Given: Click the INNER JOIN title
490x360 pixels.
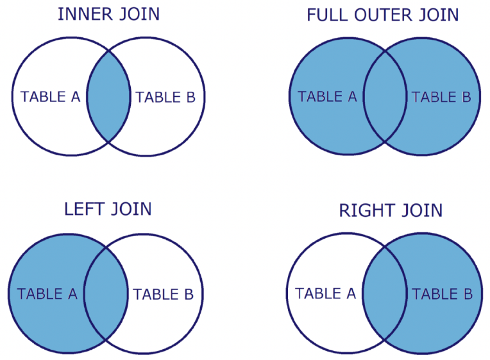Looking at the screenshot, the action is click(109, 14).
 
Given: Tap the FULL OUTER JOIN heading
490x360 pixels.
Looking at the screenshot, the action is click(383, 15).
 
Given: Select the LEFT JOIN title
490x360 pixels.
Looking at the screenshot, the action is click(108, 209).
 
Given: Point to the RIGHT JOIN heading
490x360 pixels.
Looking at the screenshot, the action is click(391, 210).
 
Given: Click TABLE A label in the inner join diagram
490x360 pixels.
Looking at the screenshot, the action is click(50, 97).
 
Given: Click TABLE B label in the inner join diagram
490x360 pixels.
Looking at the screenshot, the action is click(165, 98).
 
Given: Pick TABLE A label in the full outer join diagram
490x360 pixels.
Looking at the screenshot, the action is click(327, 97).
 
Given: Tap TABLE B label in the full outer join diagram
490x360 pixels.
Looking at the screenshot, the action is click(441, 97).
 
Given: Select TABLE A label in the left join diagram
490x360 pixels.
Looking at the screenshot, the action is click(47, 294).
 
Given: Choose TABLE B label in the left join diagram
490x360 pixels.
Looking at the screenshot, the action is click(163, 295).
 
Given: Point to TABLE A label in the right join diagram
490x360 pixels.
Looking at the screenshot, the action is click(326, 293).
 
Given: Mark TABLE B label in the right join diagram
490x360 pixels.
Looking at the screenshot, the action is click(442, 294).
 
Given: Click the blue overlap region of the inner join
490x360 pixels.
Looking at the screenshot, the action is click(108, 96).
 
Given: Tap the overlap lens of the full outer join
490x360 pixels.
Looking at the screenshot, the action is click(385, 96).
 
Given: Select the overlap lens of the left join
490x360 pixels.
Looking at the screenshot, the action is click(106, 293).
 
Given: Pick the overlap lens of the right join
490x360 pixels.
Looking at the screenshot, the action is click(384, 293).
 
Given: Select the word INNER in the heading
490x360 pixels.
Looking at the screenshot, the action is click(85, 14).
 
